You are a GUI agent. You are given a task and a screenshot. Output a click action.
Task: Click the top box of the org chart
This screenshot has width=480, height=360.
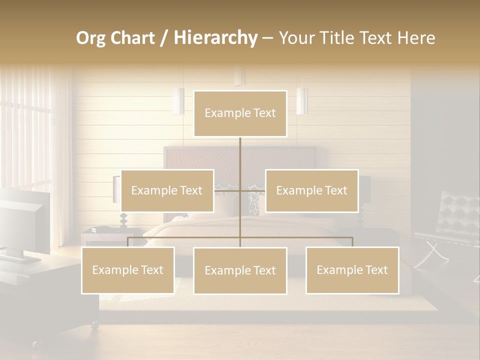tap(240, 113)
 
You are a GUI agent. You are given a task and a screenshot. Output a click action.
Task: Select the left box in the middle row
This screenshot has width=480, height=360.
tap(167, 190)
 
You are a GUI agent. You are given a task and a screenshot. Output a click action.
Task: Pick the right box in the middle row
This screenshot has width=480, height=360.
tap(311, 190)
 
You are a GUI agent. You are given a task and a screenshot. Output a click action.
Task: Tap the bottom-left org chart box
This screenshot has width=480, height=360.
tap(128, 270)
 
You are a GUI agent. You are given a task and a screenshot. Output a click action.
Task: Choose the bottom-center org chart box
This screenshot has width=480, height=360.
tap(240, 270)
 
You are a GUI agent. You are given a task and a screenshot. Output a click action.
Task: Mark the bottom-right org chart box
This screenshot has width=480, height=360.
tap(352, 270)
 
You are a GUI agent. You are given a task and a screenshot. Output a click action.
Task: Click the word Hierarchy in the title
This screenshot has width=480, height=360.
tap(215, 38)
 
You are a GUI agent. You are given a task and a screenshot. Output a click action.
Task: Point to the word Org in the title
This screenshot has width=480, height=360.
tap(91, 38)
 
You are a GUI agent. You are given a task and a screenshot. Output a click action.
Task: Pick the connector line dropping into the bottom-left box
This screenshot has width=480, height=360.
tap(128, 242)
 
